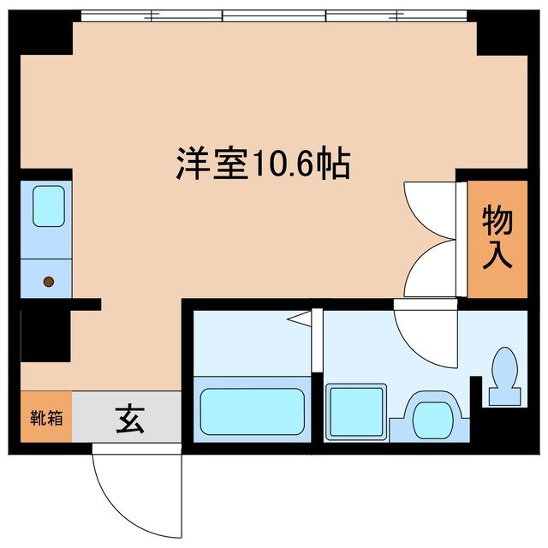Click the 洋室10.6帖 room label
click(263, 163)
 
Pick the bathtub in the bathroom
click(253, 413)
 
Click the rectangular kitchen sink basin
click(48, 206)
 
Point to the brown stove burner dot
click(49, 281)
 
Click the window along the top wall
click(274, 15)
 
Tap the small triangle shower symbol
click(299, 320)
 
